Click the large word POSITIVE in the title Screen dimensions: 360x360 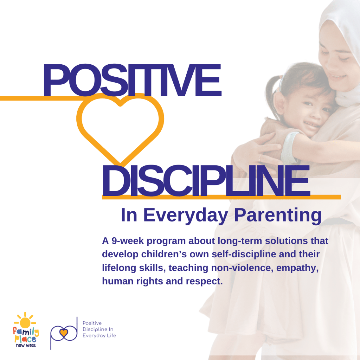[132, 80]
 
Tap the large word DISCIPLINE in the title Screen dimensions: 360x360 [206, 181]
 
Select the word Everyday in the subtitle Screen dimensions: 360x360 [186, 216]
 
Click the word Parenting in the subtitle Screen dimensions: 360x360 [278, 216]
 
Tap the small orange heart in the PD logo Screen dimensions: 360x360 [64, 332]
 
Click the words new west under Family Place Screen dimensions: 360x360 [26, 345]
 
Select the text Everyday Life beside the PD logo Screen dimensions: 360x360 [99, 336]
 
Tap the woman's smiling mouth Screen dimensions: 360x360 [338, 76]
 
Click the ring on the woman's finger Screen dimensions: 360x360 [260, 157]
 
